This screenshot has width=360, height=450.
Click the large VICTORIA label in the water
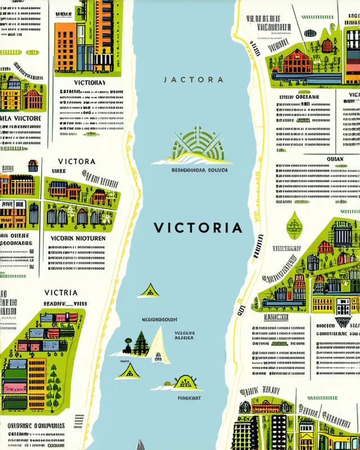pos(198,228)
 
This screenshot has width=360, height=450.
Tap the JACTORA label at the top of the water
pos(193,80)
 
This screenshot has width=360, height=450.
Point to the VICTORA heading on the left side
pos(76,161)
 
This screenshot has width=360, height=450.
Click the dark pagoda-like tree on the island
pos(139,343)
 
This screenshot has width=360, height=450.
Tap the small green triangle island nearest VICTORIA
pos(150,290)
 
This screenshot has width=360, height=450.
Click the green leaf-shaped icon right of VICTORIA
pos(294,225)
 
